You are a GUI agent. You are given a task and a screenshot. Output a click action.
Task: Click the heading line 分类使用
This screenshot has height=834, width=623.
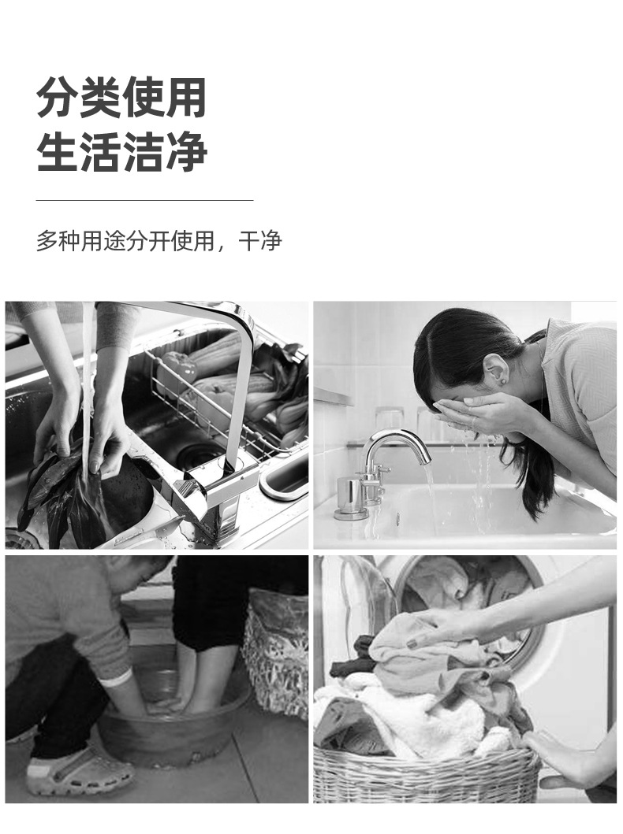click(121, 98)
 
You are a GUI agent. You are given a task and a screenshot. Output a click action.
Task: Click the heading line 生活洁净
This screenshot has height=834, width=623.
click(121, 152)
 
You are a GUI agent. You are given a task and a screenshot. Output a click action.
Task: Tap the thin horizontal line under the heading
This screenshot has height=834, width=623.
click(144, 201)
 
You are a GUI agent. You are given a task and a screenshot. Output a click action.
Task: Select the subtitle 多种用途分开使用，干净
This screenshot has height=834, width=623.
click(159, 241)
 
